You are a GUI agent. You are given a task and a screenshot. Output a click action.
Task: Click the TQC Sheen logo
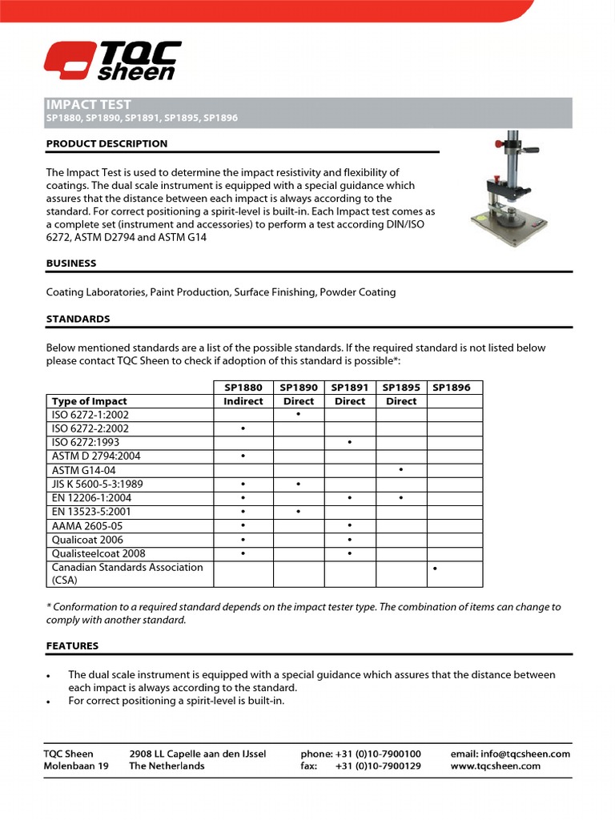click(112, 62)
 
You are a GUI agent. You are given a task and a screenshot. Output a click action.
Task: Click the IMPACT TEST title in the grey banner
click(89, 105)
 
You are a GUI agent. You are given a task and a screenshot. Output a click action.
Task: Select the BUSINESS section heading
click(71, 263)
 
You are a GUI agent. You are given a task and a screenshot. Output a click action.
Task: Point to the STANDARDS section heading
click(78, 319)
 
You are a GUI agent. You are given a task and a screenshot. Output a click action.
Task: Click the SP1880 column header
click(243, 388)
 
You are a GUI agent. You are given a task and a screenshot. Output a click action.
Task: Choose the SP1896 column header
click(452, 388)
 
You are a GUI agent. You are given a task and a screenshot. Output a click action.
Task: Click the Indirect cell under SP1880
click(243, 401)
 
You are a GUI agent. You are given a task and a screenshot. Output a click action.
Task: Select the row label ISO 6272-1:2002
click(90, 415)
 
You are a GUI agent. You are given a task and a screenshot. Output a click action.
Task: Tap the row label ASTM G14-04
click(83, 470)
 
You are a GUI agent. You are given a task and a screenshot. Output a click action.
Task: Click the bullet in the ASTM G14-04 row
click(400, 469)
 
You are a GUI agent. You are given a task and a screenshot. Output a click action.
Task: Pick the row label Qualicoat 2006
click(88, 540)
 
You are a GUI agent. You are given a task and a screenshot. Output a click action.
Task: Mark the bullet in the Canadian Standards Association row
click(434, 568)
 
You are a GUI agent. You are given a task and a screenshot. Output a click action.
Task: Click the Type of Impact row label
click(89, 401)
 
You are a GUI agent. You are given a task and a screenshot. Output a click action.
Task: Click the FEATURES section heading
click(72, 645)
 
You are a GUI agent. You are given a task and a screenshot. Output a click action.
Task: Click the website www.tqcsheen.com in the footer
click(496, 766)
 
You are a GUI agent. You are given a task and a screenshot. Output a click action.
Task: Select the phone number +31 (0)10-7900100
click(378, 754)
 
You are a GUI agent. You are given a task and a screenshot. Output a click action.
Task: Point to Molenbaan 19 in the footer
click(76, 766)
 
